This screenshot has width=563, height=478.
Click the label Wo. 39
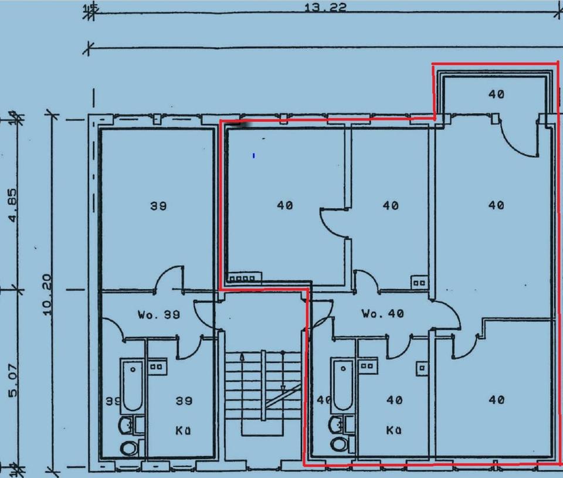tap(159, 315)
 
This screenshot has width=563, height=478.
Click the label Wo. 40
tap(382, 314)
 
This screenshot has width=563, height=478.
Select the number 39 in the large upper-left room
tap(158, 206)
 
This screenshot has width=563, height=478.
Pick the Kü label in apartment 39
tap(183, 430)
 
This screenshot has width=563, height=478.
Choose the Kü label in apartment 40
tap(394, 430)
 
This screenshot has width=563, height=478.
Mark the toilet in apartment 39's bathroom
tap(128, 448)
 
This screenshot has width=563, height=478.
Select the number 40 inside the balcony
tap(496, 94)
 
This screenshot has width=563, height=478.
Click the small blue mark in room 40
tap(253, 155)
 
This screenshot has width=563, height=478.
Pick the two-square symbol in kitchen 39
tap(156, 367)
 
